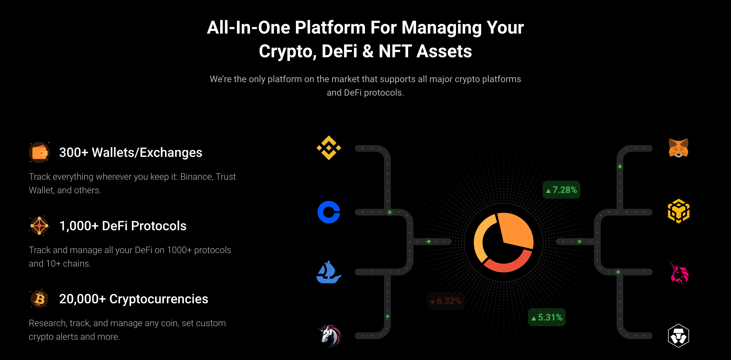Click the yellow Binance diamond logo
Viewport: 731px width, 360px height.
(x=329, y=148)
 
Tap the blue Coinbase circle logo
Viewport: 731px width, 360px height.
(x=329, y=212)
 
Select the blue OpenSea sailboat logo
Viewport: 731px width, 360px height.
(x=329, y=272)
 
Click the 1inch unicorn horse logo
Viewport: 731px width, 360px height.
(x=329, y=336)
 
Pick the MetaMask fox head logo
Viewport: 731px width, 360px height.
(x=678, y=148)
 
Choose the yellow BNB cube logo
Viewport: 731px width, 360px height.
(x=679, y=211)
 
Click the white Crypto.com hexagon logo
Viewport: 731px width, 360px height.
(x=678, y=335)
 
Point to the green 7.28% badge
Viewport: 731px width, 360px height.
(x=561, y=190)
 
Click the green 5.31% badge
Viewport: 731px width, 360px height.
(x=547, y=317)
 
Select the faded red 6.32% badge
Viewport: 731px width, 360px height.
(x=445, y=301)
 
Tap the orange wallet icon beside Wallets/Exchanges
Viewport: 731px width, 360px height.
(x=39, y=152)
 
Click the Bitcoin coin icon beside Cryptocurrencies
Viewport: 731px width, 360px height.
(x=39, y=299)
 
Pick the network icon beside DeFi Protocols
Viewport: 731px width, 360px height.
(x=39, y=226)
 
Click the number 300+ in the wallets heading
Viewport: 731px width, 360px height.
(x=74, y=152)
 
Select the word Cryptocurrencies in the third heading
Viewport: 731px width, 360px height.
(x=158, y=299)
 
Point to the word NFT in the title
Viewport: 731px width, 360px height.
(x=395, y=51)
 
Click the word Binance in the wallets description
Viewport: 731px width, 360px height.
(x=196, y=177)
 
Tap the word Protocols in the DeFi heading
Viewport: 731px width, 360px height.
(x=158, y=226)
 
